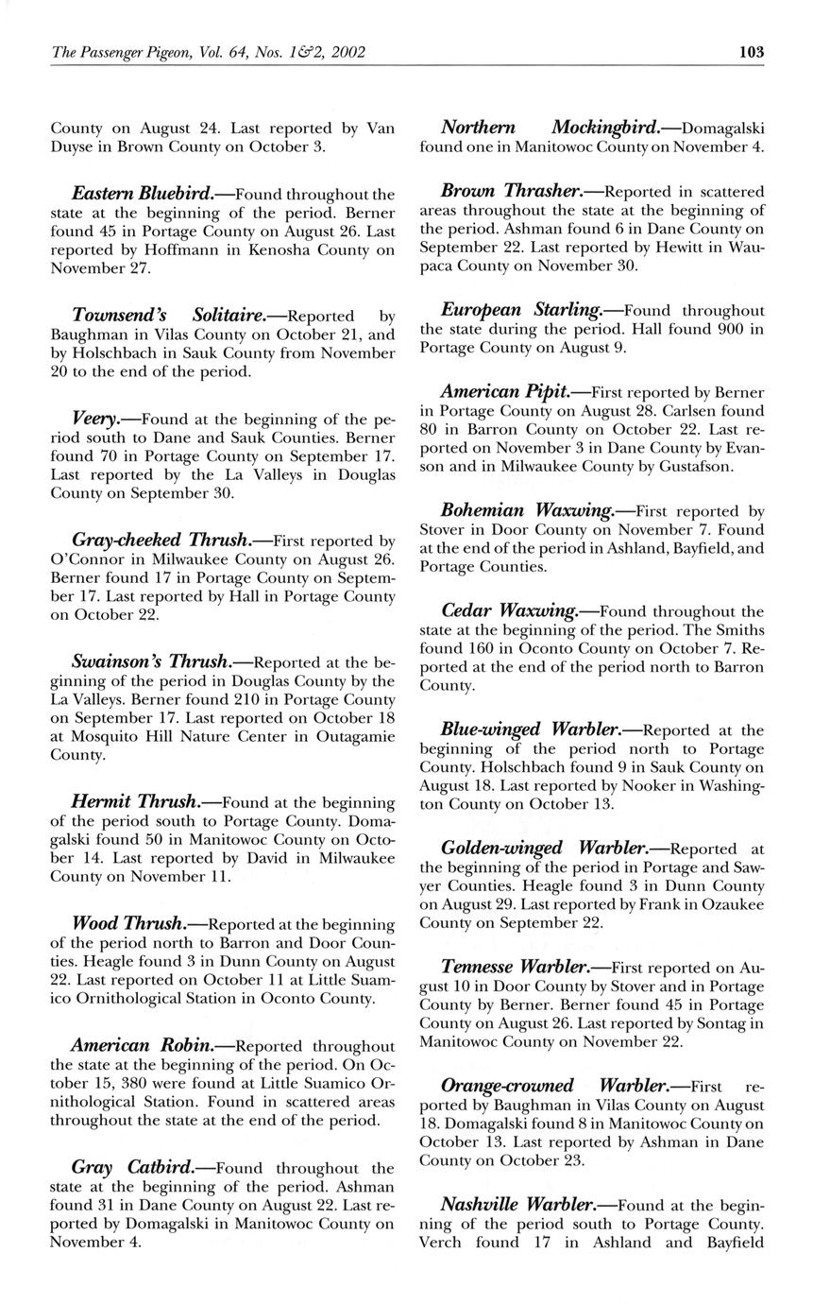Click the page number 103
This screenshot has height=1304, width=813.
(752, 52)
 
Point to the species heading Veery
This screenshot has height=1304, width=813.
(94, 417)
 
